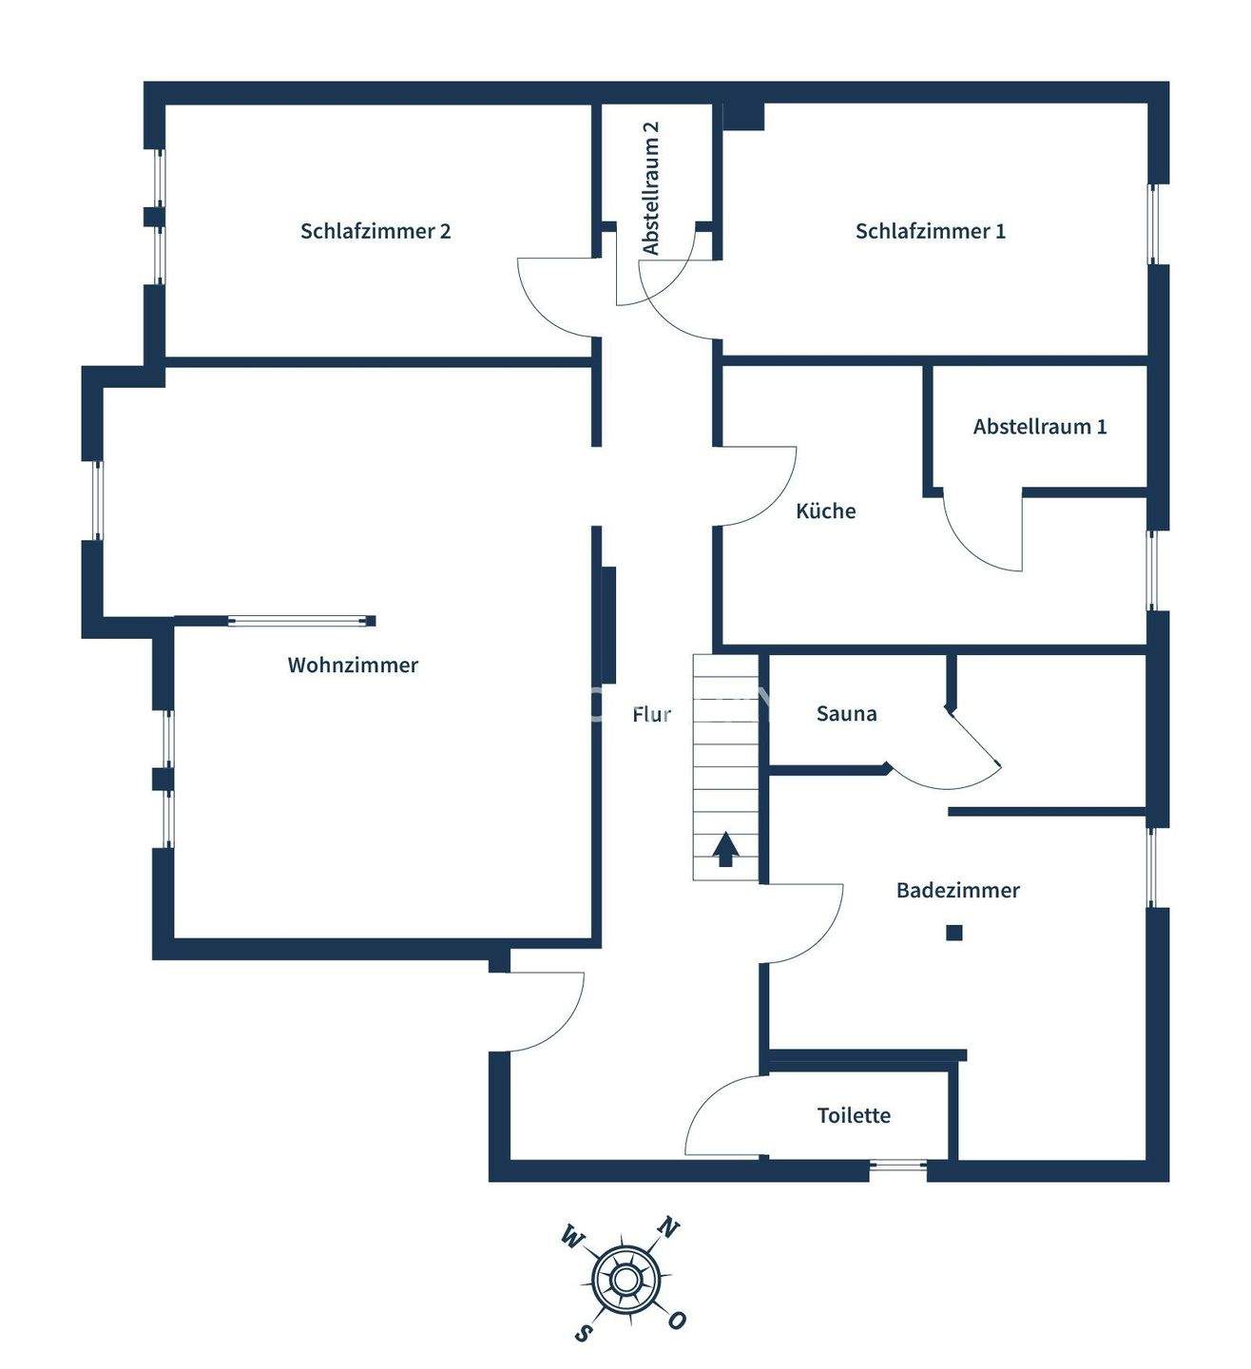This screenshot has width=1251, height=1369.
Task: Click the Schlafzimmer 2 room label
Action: (375, 231)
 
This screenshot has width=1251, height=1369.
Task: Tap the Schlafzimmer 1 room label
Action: (930, 231)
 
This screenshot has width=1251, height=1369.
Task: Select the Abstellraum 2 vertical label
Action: (651, 187)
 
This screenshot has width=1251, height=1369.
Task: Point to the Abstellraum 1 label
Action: (1039, 427)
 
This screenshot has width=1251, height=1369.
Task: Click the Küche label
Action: (825, 511)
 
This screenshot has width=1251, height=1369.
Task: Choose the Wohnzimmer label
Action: (353, 665)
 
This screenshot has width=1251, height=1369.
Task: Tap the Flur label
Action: (651, 714)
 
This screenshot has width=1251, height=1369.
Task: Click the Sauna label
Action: (846, 714)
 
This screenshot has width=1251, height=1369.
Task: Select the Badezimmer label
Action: (957, 891)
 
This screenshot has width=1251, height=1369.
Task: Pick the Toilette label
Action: (854, 1115)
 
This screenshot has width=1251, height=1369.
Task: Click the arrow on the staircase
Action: (725, 849)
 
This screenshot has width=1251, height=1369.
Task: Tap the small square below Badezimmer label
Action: (953, 933)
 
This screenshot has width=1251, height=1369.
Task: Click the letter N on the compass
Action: (668, 1228)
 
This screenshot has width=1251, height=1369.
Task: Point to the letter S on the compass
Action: (583, 1333)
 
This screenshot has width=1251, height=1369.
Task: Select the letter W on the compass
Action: (572, 1237)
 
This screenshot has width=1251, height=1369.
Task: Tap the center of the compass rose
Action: (625, 1280)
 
